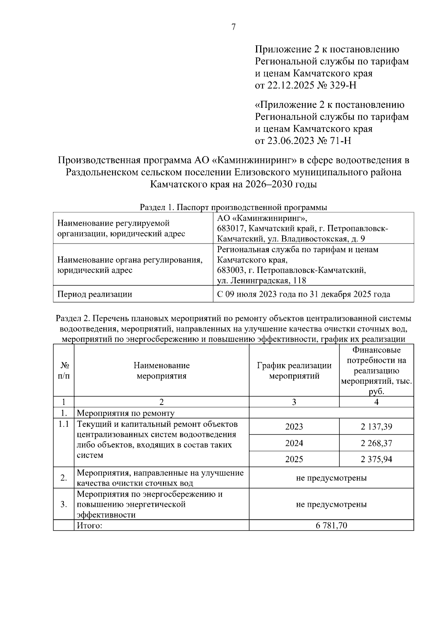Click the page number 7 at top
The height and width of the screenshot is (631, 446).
(x=233, y=27)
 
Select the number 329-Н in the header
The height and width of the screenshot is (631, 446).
(x=343, y=86)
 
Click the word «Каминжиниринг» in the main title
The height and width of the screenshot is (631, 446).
(x=255, y=161)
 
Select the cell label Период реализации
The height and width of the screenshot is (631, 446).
(x=94, y=294)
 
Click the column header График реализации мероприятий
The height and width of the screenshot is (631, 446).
(x=294, y=371)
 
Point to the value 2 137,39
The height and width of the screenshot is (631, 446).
(x=376, y=426)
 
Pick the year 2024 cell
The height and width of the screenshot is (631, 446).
(x=294, y=443)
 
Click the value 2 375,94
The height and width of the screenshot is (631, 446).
(x=376, y=459)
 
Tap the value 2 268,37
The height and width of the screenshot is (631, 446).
(x=376, y=443)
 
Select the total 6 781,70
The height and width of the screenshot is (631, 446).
(x=331, y=525)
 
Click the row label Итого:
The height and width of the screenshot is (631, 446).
(x=89, y=525)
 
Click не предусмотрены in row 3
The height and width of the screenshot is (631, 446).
(x=331, y=505)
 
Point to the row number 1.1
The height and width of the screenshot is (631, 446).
(x=64, y=424)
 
